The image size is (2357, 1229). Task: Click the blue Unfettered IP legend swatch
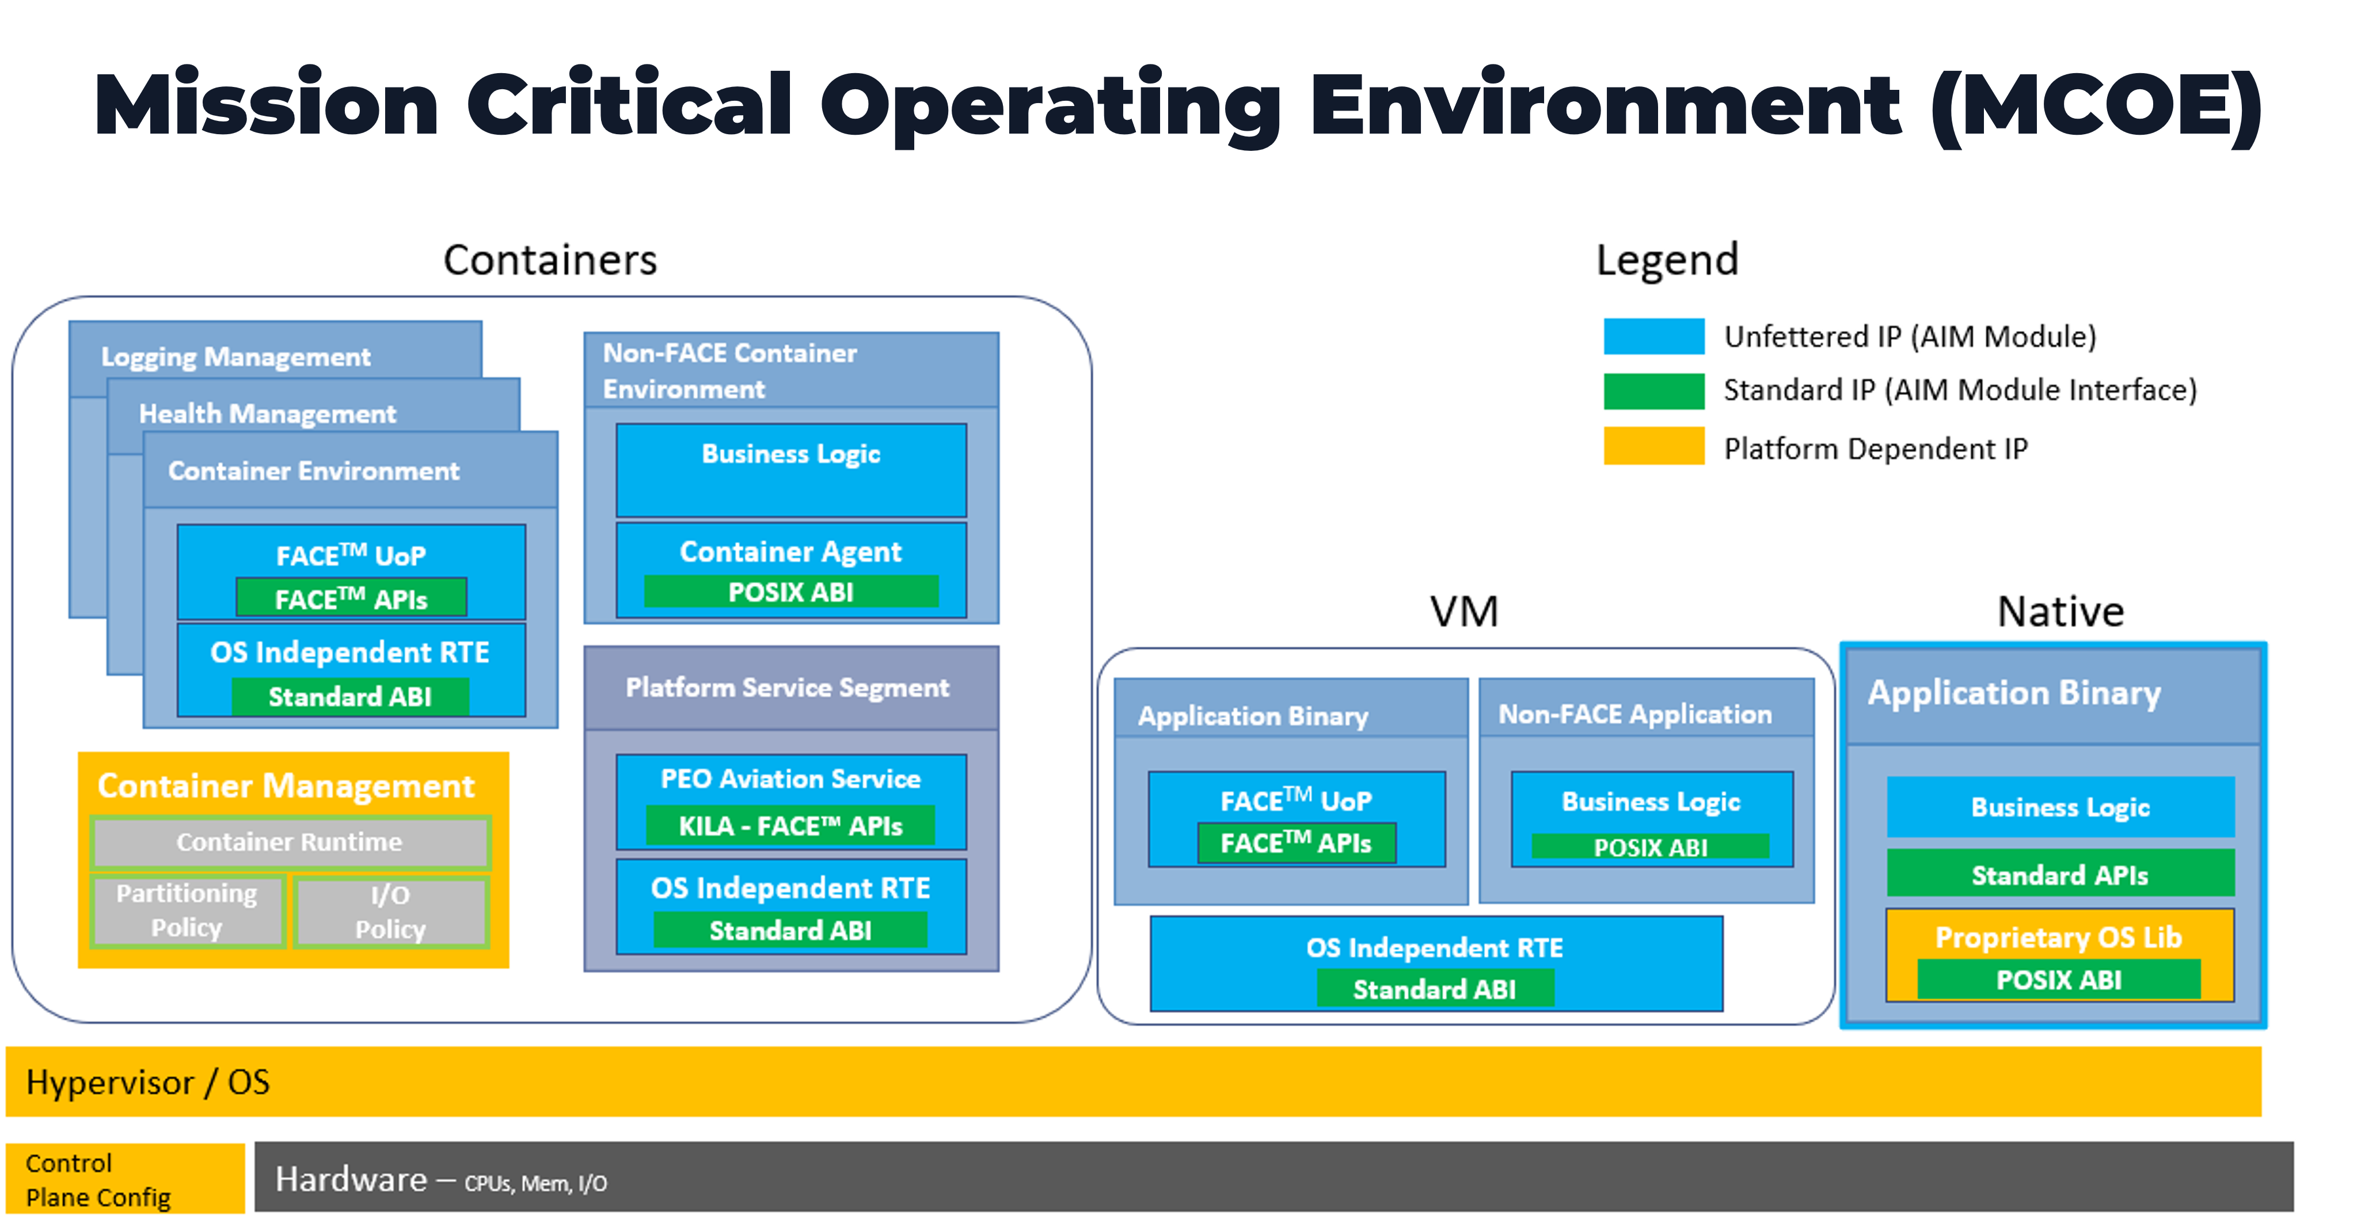pyautogui.click(x=1653, y=336)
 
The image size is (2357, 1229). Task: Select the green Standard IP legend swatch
pyautogui.click(x=1653, y=390)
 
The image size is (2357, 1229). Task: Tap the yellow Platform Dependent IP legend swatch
pyautogui.click(x=1653, y=446)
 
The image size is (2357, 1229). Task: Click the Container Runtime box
pyautogui.click(x=289, y=842)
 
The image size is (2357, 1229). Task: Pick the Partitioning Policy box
pyautogui.click(x=187, y=911)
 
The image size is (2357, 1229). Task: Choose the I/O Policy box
pyautogui.click(x=391, y=912)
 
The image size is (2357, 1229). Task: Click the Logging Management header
pyautogui.click(x=236, y=356)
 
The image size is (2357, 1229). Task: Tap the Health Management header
pyautogui.click(x=267, y=414)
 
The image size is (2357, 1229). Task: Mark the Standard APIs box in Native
pyautogui.click(x=2059, y=875)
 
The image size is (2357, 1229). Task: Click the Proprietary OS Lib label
pyautogui.click(x=2059, y=937)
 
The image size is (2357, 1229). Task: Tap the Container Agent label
pyautogui.click(x=790, y=551)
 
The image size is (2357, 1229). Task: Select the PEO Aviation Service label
pyautogui.click(x=790, y=779)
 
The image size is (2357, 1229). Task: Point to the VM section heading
pyautogui.click(x=1464, y=611)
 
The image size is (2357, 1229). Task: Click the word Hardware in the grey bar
pyautogui.click(x=351, y=1179)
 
